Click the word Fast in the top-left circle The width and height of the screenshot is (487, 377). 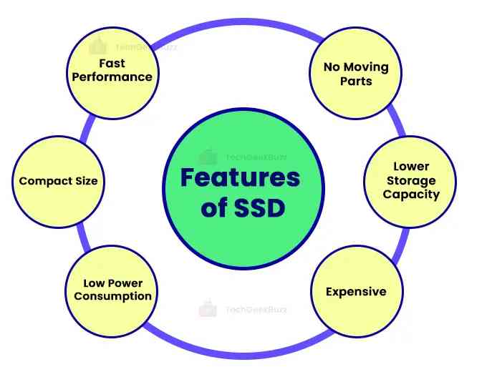112,63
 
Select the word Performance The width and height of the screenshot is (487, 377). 112,77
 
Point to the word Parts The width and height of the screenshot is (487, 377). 356,81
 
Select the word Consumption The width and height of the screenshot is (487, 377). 112,296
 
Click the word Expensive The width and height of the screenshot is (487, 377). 356,291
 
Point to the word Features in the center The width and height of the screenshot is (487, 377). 239,177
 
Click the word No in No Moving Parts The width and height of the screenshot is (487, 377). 331,67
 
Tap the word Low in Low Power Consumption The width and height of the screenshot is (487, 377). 94,283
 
